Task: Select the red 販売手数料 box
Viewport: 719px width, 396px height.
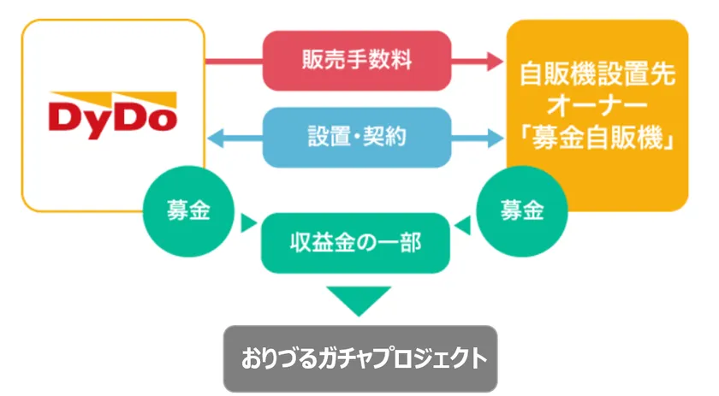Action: point(356,61)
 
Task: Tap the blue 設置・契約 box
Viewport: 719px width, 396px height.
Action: point(356,136)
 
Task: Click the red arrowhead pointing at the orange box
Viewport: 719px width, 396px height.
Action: point(496,61)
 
